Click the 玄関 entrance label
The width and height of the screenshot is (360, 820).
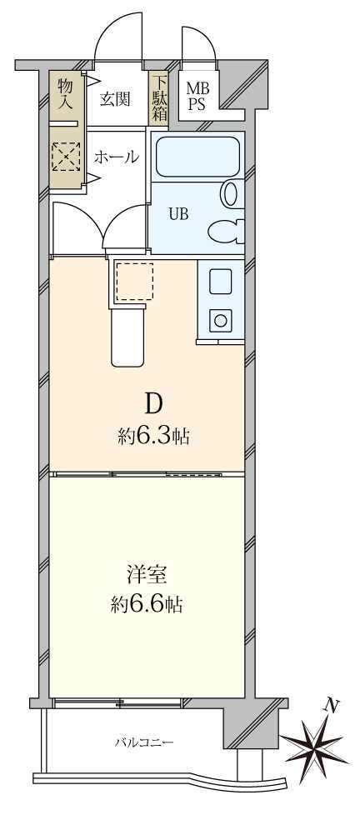(x=115, y=99)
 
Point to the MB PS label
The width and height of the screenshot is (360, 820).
(x=197, y=96)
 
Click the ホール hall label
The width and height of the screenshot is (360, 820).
(x=115, y=157)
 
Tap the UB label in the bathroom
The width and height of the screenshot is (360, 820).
(x=178, y=213)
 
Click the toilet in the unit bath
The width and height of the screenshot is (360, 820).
(x=225, y=228)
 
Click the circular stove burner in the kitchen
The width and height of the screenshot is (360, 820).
(x=220, y=319)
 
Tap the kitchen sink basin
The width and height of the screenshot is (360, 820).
(x=220, y=282)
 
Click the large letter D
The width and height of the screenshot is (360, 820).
(x=153, y=405)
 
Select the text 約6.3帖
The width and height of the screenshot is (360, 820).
(x=153, y=436)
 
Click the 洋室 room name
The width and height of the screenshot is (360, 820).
(x=147, y=573)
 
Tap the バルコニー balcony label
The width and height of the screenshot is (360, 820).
(x=144, y=741)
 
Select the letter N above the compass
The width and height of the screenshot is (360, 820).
(x=332, y=705)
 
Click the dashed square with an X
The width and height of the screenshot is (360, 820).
(x=65, y=156)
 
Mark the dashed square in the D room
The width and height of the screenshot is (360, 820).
(x=133, y=281)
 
